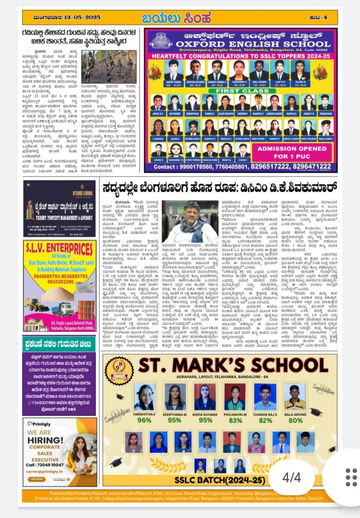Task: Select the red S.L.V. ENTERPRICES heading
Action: (x=59, y=250)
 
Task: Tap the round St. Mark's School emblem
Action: (x=119, y=369)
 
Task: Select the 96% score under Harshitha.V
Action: (x=144, y=420)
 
